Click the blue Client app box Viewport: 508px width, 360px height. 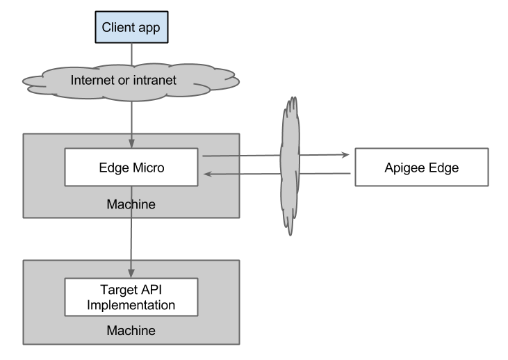(x=131, y=28)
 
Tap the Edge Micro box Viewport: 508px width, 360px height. (x=131, y=167)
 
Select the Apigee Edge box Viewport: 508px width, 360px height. (x=421, y=167)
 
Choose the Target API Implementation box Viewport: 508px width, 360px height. (x=131, y=297)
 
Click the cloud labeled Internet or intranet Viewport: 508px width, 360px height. (x=131, y=81)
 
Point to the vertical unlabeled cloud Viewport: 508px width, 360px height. (x=291, y=167)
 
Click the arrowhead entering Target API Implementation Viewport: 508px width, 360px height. (x=131, y=273)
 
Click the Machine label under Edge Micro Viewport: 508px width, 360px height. (x=131, y=204)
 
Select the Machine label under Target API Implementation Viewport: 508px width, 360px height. (x=131, y=330)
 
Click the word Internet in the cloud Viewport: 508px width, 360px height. (x=93, y=81)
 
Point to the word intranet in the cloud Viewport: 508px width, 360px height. (x=156, y=81)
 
